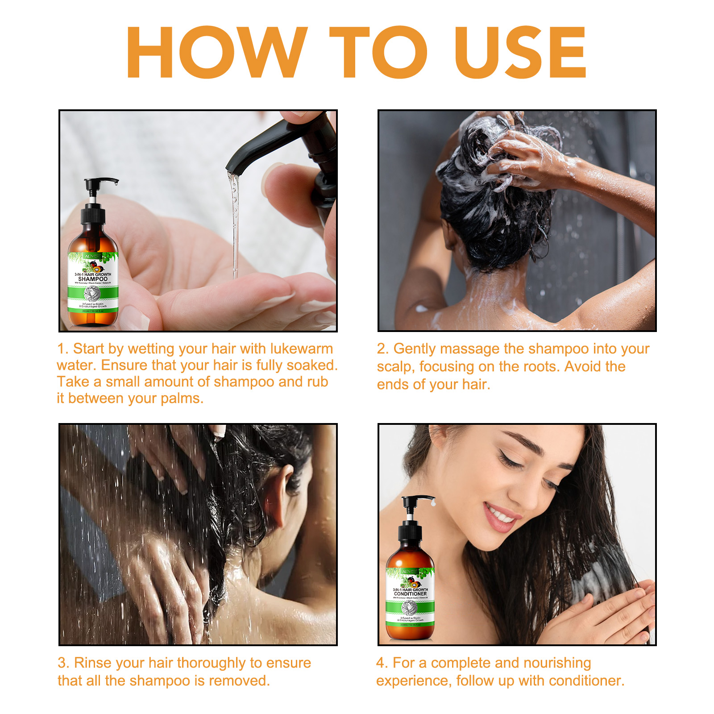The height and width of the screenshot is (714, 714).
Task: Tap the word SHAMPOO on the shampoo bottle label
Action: pyautogui.click(x=93, y=279)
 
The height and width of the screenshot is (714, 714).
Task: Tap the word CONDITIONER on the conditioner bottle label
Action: pyautogui.click(x=410, y=594)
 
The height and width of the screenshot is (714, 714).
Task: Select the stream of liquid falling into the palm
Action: pyautogui.click(x=234, y=223)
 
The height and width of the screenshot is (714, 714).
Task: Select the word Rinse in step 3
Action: pyautogui.click(x=93, y=663)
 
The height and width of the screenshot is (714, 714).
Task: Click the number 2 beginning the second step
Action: pyautogui.click(x=381, y=349)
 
